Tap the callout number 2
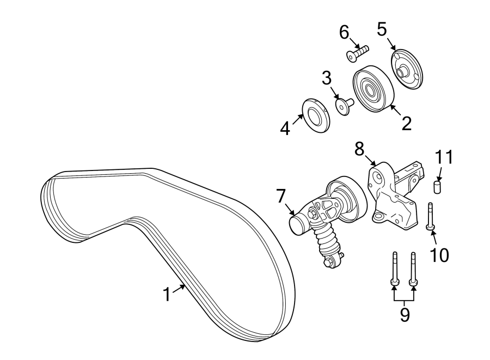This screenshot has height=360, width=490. click(406, 123)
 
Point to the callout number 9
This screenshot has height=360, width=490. click(404, 314)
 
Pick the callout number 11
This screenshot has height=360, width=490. click(444, 158)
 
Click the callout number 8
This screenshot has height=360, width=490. click(359, 149)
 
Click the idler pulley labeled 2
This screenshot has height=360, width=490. click(373, 88)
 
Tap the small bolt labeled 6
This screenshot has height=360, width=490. click(358, 52)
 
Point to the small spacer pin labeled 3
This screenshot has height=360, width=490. click(344, 105)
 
